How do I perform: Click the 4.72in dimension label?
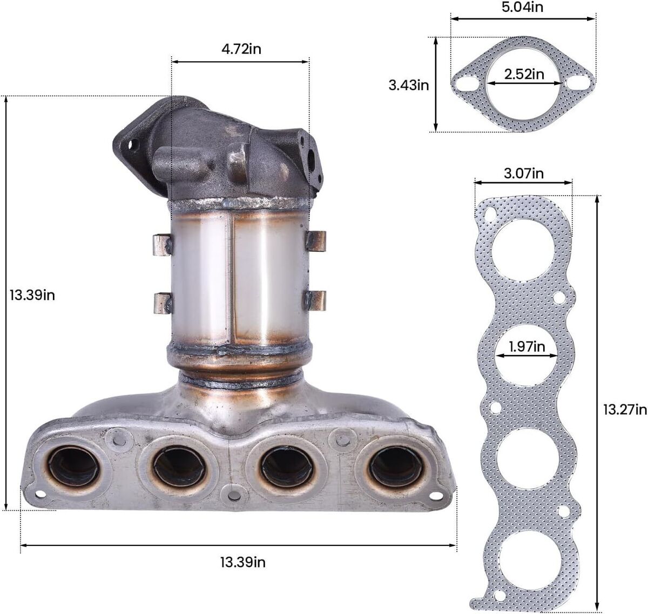[x=241, y=49]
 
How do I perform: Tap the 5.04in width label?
[x=522, y=7]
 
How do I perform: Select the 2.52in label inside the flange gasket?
[x=524, y=74]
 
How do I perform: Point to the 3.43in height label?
[x=409, y=85]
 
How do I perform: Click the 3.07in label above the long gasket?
[x=524, y=173]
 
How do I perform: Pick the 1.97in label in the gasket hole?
[x=526, y=346]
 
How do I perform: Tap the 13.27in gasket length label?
[x=625, y=410]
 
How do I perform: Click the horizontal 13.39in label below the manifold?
[x=243, y=562]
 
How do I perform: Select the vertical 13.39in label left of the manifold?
[x=32, y=295]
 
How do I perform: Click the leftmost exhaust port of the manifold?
[x=74, y=466]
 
